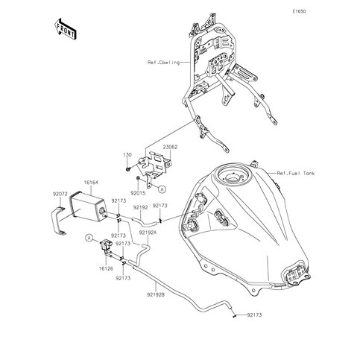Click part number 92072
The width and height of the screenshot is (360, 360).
60,191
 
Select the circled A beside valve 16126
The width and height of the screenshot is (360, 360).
89,238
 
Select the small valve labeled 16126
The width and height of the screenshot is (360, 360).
104,247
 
